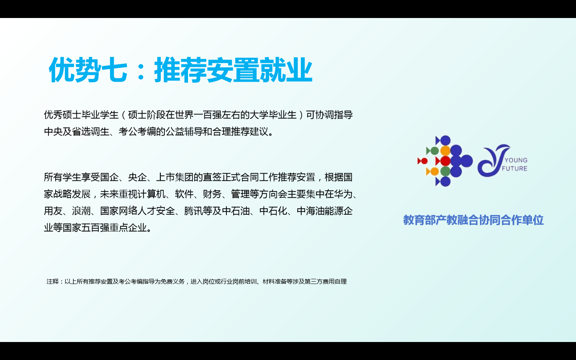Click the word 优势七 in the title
pyautogui.click(x=88, y=70)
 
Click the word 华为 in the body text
pyautogui.click(x=343, y=194)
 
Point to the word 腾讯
pyautogui.click(x=193, y=211)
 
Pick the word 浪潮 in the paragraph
pyautogui.click(x=81, y=211)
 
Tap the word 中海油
pyautogui.click(x=311, y=211)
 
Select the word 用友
pyautogui.click(x=53, y=211)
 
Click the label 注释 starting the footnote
pyautogui.click(x=53, y=282)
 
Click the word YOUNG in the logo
pyautogui.click(x=516, y=160)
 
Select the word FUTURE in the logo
pyautogui.click(x=514, y=168)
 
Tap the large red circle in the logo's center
pyautogui.click(x=445, y=161)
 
